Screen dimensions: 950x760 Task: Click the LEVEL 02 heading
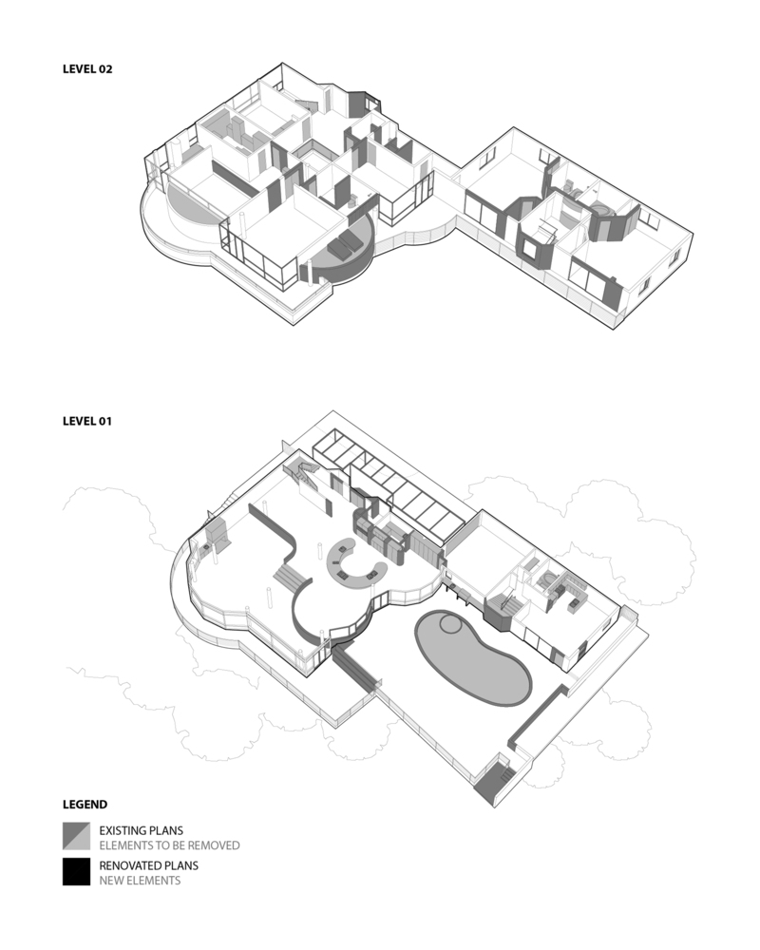point(87,69)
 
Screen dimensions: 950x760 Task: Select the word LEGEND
point(85,804)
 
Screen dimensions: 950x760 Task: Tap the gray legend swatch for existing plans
point(76,836)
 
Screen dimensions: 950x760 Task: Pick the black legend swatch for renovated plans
point(76,872)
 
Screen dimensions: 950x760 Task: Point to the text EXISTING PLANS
point(142,830)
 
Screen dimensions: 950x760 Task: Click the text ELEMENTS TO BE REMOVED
point(169,845)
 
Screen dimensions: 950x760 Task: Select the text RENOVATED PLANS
point(148,865)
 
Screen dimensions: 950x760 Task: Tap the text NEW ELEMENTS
point(140,881)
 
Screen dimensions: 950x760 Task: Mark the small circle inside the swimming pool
point(448,625)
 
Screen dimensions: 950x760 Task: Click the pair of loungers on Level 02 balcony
point(343,250)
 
